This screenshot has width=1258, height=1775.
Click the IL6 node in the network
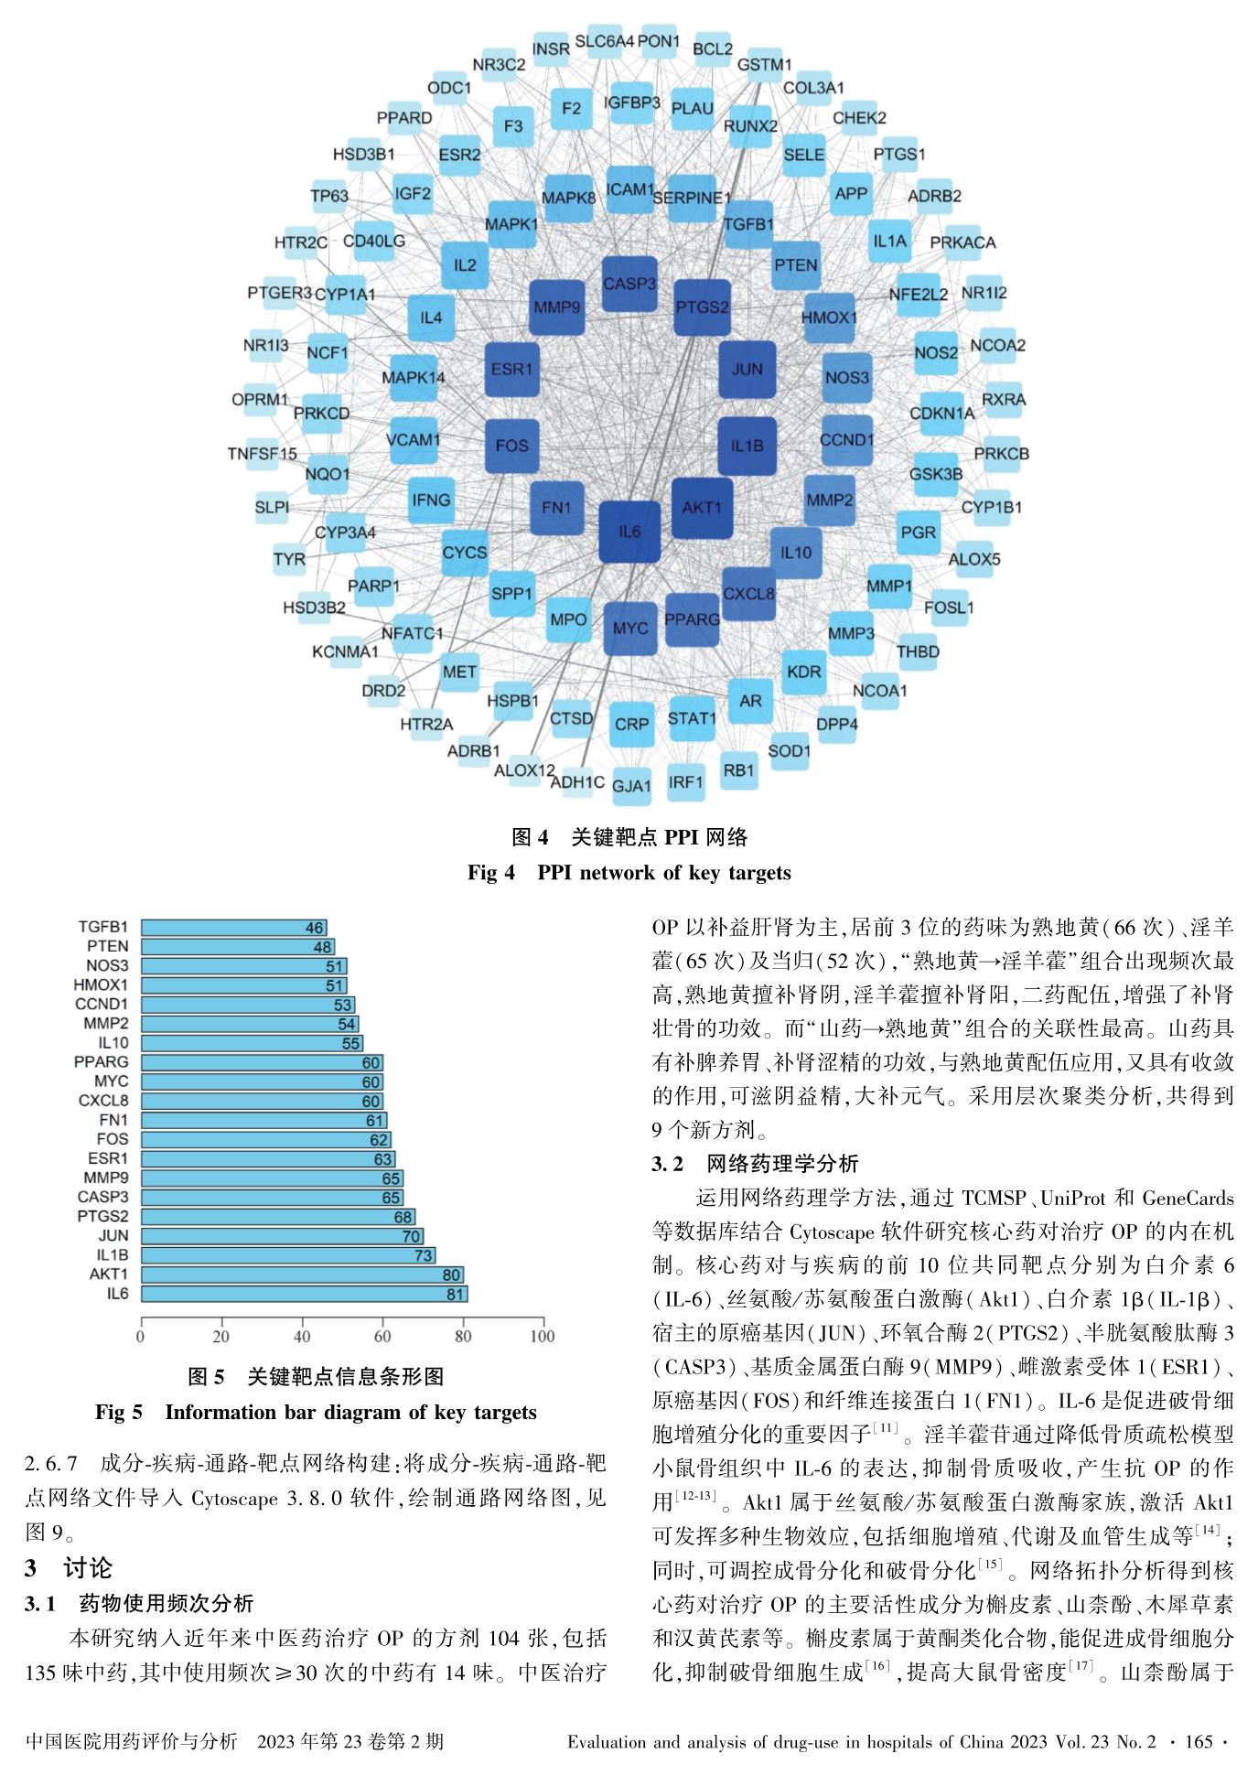click(629, 532)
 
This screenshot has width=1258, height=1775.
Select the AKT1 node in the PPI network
click(702, 508)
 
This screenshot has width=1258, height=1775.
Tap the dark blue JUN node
click(747, 370)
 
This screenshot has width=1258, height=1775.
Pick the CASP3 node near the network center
click(629, 285)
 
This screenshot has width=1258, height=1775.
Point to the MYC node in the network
click(630, 629)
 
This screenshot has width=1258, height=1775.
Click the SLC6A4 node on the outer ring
click(604, 42)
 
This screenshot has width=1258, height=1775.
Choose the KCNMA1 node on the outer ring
click(345, 651)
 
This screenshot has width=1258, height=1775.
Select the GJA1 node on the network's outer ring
click(631, 786)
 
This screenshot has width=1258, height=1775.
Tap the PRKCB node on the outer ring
click(1001, 453)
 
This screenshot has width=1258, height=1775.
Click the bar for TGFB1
click(233, 928)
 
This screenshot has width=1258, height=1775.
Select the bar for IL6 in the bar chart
click(304, 1294)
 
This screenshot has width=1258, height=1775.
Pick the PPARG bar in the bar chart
click(262, 1062)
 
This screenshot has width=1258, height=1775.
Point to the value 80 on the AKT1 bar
click(451, 1275)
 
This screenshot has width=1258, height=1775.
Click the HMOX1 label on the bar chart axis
click(101, 985)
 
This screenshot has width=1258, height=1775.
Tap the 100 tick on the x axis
click(543, 1336)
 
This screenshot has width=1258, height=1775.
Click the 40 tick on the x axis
click(302, 1336)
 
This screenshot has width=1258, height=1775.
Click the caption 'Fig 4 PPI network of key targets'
click(629, 873)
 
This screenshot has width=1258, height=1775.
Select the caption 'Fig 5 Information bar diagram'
click(316, 1412)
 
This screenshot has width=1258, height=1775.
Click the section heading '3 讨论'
click(69, 1568)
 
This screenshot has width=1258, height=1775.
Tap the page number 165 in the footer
click(1198, 1741)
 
